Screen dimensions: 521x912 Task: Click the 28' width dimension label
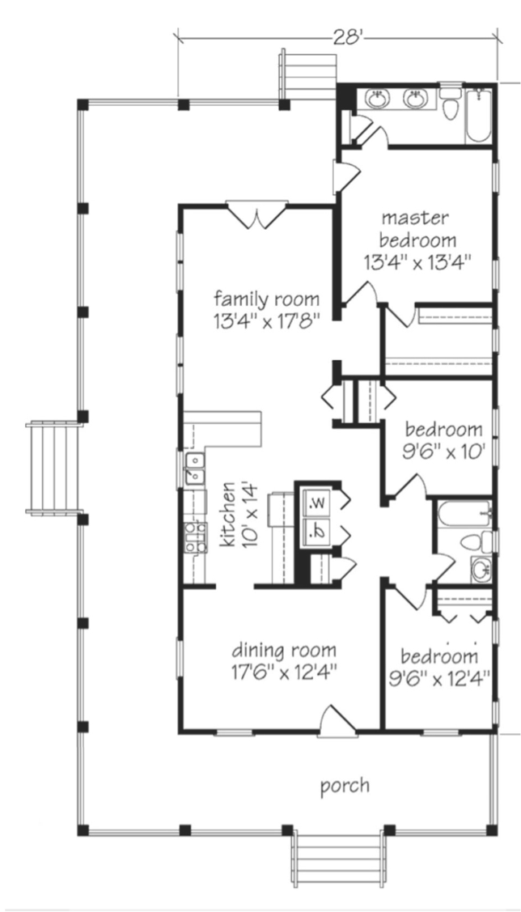348,38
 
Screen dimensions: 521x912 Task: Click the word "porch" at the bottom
345,787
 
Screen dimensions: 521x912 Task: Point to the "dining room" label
284,649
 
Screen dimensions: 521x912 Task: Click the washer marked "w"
316,503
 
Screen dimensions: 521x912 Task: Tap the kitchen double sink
195,469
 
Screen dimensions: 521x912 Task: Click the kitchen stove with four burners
196,537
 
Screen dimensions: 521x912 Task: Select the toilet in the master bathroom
450,104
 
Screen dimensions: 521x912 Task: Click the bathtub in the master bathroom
479,115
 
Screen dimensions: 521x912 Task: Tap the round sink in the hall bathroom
481,570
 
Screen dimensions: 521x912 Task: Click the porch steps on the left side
53,469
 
